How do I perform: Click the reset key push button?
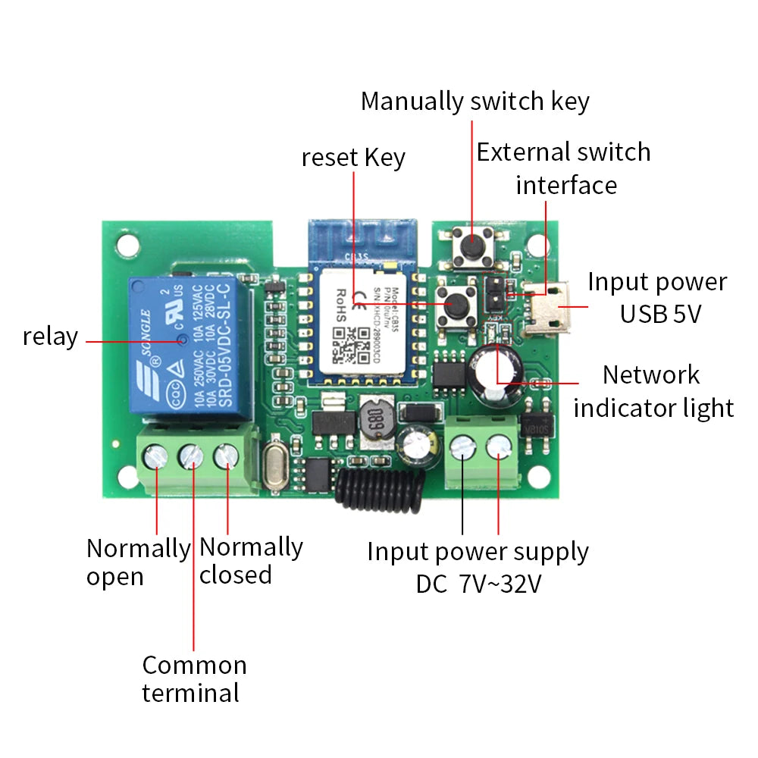click(x=456, y=304)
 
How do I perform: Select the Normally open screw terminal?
click(x=156, y=456)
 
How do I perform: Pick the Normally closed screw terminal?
click(x=227, y=456)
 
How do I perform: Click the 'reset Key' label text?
click(x=353, y=158)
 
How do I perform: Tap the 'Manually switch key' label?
click(x=475, y=101)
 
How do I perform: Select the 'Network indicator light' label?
click(x=653, y=391)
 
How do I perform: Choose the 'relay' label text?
click(x=50, y=337)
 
